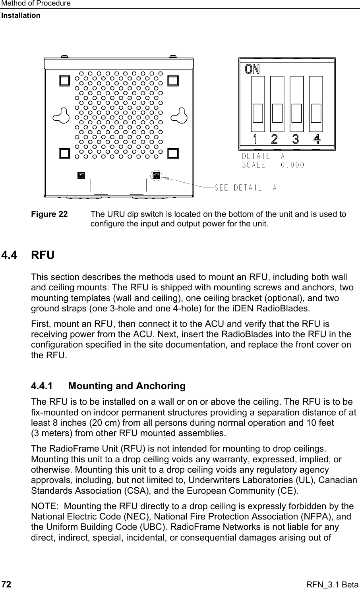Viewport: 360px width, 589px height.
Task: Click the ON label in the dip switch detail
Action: point(252,69)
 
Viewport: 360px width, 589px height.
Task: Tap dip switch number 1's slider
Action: point(257,113)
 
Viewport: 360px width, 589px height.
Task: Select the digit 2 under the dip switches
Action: point(274,139)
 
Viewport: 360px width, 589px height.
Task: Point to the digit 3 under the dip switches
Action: point(296,139)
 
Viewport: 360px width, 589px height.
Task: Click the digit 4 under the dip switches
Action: point(317,139)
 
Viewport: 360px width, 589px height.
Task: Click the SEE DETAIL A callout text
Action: point(246,187)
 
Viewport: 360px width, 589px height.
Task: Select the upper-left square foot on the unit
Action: point(64,81)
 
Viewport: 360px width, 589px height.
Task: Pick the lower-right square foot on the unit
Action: point(173,153)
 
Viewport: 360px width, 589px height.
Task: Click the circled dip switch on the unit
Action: point(156,175)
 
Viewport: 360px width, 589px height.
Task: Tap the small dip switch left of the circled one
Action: point(81,175)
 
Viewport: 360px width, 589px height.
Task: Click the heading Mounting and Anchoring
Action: point(127,386)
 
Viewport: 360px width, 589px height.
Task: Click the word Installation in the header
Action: point(20,15)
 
